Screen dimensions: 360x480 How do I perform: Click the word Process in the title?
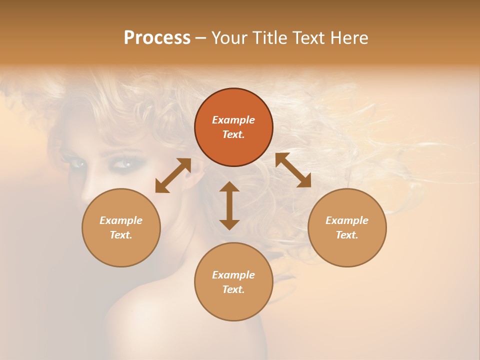[x=157, y=37]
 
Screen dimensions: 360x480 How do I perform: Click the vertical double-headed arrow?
[x=229, y=205]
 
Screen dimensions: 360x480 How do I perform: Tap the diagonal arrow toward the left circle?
[x=173, y=175]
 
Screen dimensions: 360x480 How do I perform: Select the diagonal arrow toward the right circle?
[x=293, y=170]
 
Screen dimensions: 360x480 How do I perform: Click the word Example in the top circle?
[x=233, y=120]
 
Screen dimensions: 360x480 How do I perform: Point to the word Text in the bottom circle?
[x=233, y=289]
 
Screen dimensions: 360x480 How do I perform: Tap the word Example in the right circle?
[x=347, y=220]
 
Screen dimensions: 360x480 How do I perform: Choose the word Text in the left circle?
[x=121, y=235]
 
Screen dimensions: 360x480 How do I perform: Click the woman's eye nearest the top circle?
[x=122, y=163]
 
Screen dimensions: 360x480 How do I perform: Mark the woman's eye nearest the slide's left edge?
[x=76, y=162]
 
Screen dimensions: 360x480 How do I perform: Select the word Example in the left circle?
[x=121, y=220]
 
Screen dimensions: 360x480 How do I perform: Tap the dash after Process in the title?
[x=201, y=38]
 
